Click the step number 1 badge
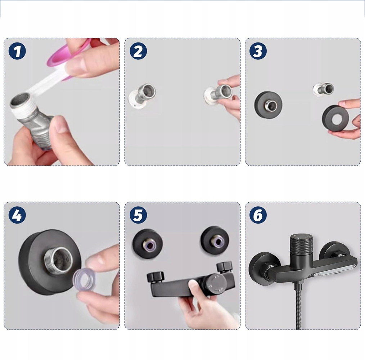pos(17,51)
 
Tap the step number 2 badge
pos(138,51)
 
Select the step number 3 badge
pos(258,51)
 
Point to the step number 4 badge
pos(17,215)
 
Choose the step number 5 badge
pos(138,215)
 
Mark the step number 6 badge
pos(258,215)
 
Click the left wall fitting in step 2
pos(142,96)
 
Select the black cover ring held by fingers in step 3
pos(335,119)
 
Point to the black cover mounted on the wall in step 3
pos(268,104)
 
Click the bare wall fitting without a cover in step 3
pos(323,89)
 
